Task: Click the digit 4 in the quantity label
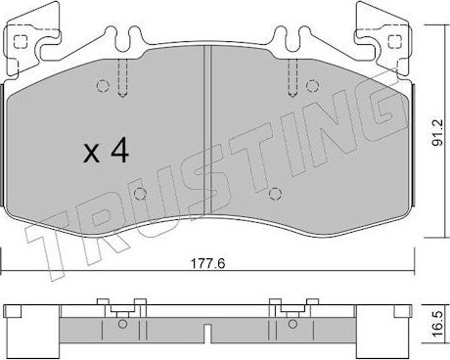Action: coord(118,152)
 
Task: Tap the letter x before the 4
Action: coord(90,155)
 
